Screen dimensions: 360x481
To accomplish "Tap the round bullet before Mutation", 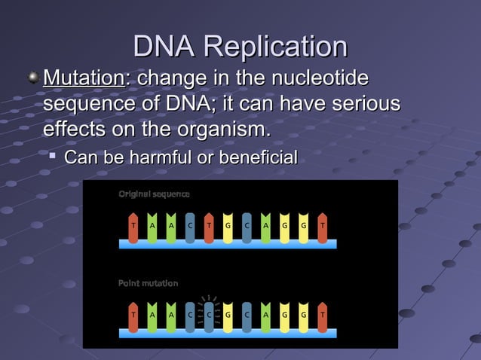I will pyautogui.click(x=33, y=78).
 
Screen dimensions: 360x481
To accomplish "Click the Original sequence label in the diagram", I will pyautogui.click(x=154, y=194).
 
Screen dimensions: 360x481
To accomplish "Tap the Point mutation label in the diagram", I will pyautogui.click(x=148, y=283).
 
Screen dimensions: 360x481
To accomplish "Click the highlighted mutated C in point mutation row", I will pyautogui.click(x=209, y=314).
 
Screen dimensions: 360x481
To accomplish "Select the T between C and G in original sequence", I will pyautogui.click(x=209, y=225).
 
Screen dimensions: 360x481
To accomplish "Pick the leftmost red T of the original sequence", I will pyautogui.click(x=133, y=225).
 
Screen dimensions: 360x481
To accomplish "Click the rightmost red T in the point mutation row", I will pyautogui.click(x=322, y=314).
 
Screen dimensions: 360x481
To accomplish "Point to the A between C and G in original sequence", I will pyautogui.click(x=265, y=225).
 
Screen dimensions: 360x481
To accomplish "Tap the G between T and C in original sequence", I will pyautogui.click(x=228, y=225).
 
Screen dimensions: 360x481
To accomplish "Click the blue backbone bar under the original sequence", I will pyautogui.click(x=227, y=244).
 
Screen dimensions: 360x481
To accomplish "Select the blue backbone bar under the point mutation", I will pyautogui.click(x=227, y=333).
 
